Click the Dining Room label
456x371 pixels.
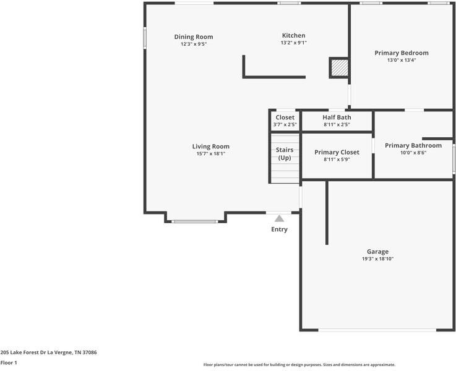click(193, 37)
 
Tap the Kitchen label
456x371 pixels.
click(293, 35)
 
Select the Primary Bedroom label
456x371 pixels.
click(401, 53)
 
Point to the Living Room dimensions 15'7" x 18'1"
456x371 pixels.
click(211, 154)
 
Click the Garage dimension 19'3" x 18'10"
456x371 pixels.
click(377, 259)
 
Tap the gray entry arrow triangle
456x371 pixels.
click(279, 218)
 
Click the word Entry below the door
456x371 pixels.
click(279, 229)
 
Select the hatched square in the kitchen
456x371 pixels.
click(338, 67)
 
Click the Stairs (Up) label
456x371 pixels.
click(285, 153)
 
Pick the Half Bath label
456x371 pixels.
click(337, 117)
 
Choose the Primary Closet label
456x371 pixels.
click(337, 152)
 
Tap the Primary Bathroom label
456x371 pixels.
click(413, 145)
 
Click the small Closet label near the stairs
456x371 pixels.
click(285, 117)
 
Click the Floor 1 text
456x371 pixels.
click(9, 363)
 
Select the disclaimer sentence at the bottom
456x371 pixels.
click(299, 365)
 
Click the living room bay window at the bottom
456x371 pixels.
click(195, 221)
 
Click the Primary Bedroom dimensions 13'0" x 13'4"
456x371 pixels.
click(401, 61)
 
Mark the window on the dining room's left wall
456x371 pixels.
click(145, 38)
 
